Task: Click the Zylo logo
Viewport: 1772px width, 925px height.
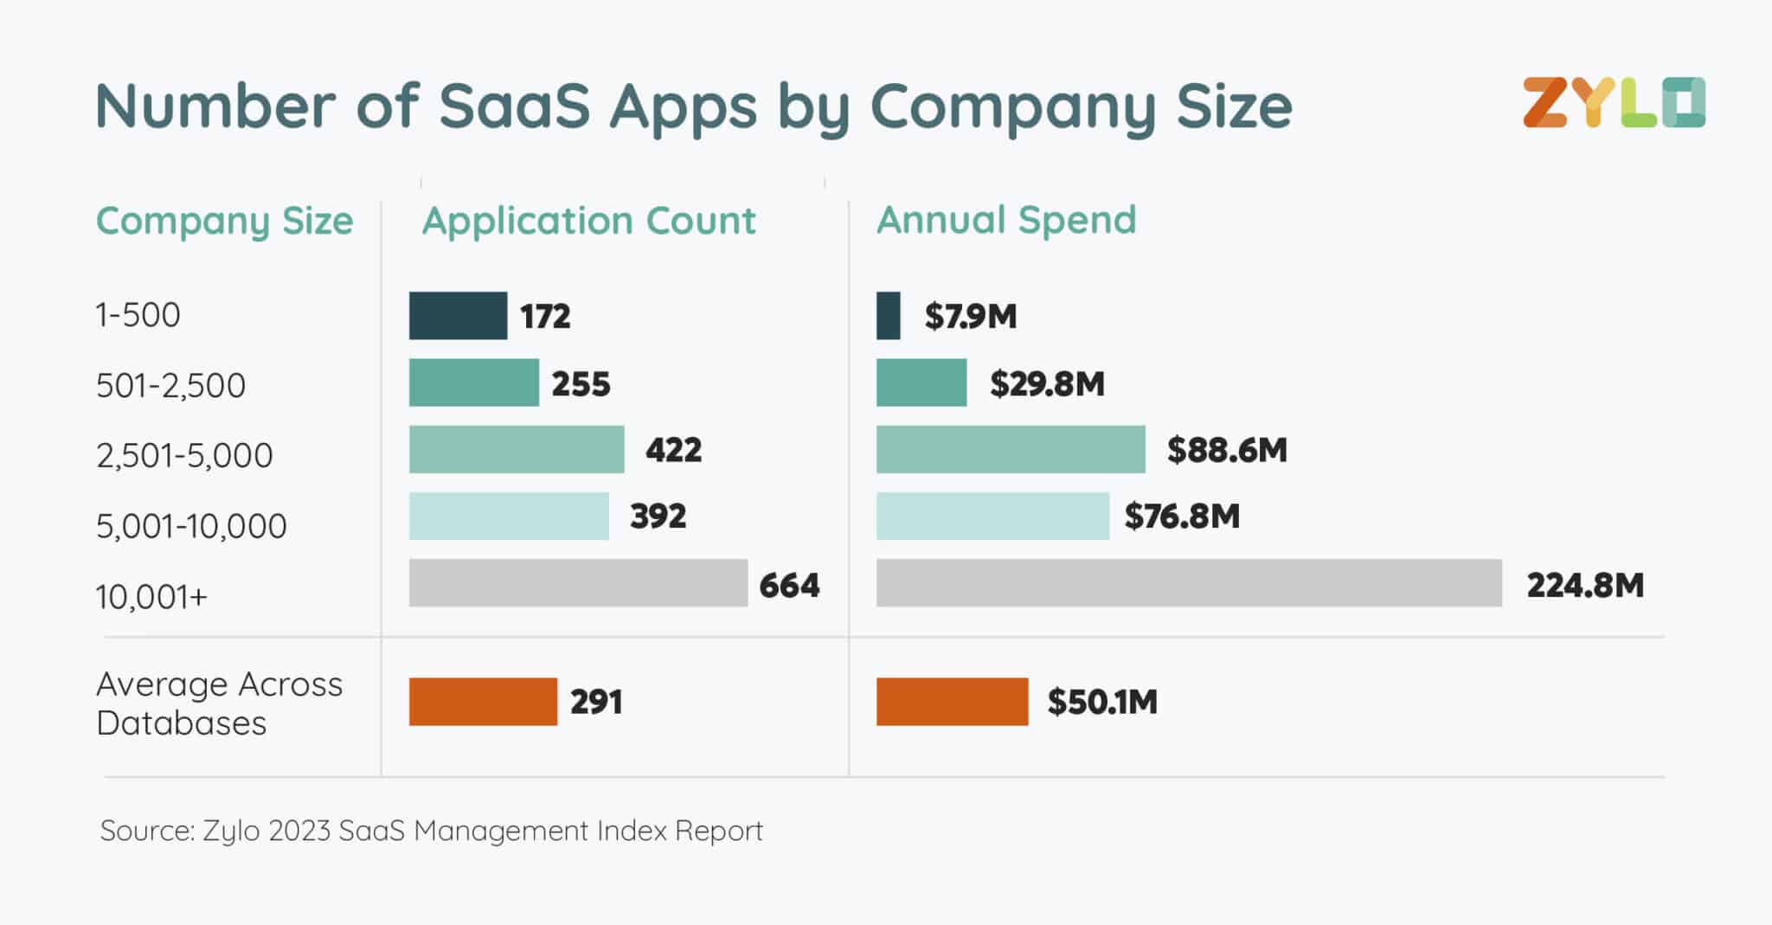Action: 1614,103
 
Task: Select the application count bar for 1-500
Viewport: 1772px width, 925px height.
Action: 458,316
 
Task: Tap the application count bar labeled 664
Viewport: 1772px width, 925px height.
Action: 578,583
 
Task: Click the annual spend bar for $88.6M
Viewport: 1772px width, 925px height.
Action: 1011,449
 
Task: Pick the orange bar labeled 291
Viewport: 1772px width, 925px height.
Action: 483,702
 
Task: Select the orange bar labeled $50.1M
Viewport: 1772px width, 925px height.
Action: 952,702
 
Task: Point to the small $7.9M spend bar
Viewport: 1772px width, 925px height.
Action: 889,316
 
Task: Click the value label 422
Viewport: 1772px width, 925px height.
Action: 673,450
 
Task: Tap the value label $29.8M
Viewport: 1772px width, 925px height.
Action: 1047,383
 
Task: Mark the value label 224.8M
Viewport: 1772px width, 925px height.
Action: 1584,586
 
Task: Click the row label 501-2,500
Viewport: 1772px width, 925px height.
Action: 170,385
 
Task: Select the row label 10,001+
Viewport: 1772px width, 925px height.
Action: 151,597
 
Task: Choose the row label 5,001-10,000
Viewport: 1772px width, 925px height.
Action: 190,526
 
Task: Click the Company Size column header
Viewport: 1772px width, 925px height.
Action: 224,221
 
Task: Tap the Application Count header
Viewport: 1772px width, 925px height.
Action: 588,221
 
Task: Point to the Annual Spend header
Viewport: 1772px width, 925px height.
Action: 1005,220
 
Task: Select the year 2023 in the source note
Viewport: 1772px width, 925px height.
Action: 299,831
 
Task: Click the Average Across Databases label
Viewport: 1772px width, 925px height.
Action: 219,703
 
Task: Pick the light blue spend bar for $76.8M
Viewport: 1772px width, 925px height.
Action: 992,517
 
